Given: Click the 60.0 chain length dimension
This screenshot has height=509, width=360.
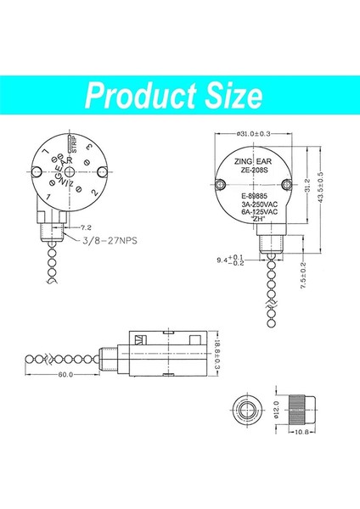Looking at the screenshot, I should [65, 374].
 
